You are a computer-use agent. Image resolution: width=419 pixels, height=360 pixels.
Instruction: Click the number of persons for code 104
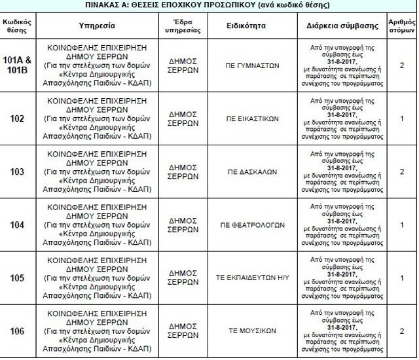[401, 225]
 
